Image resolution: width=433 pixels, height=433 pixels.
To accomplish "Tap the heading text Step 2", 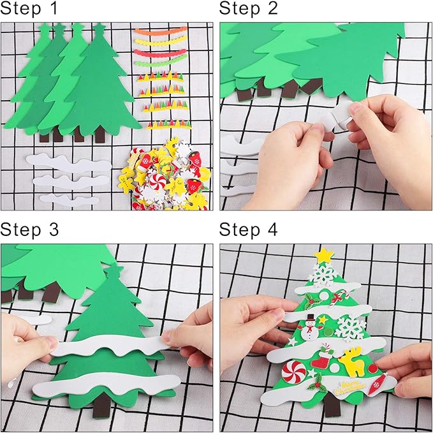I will pos(249,10).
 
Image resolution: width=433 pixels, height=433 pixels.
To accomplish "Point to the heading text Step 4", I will pos(249,230).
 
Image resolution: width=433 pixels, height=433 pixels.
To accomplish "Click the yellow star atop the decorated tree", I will pos(324,255).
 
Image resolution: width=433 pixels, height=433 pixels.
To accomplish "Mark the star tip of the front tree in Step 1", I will pos(99,29).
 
